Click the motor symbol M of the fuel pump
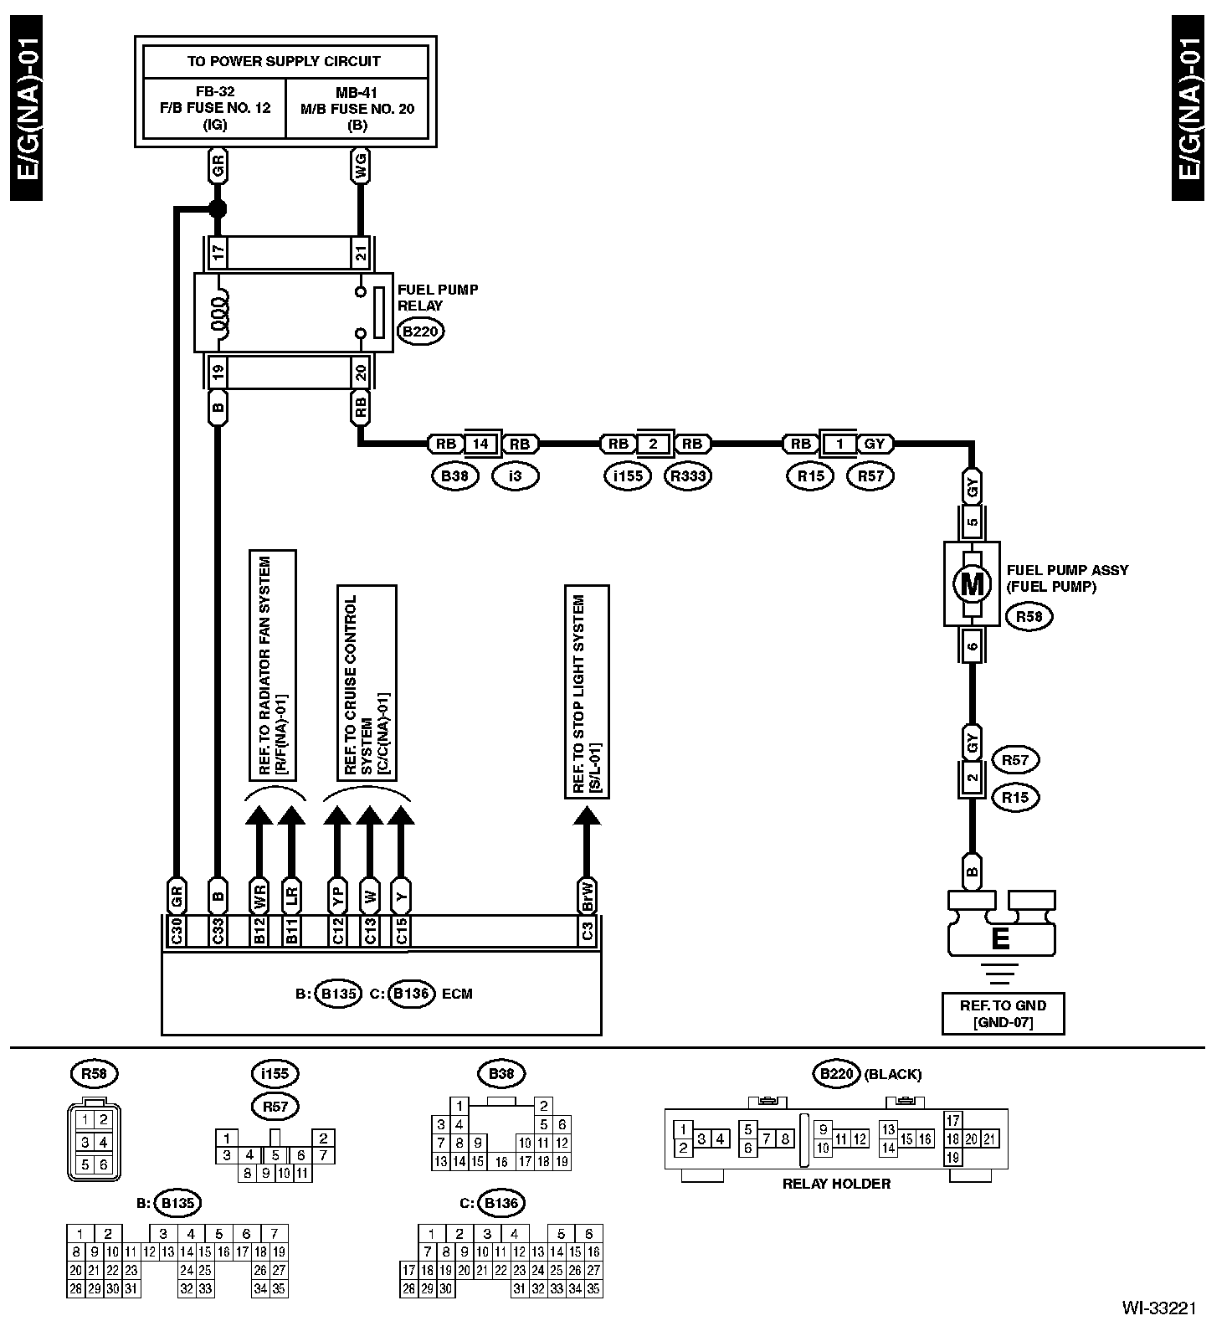(972, 583)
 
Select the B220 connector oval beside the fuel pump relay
(420, 331)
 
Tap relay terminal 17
(218, 251)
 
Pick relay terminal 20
(361, 373)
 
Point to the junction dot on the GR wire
(218, 208)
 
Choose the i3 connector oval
(515, 476)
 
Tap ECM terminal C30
(177, 931)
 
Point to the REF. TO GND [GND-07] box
(1003, 1013)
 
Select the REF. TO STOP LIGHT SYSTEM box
(587, 692)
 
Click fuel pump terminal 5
(972, 522)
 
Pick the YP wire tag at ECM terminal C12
(338, 896)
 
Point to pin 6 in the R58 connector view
(103, 1164)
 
